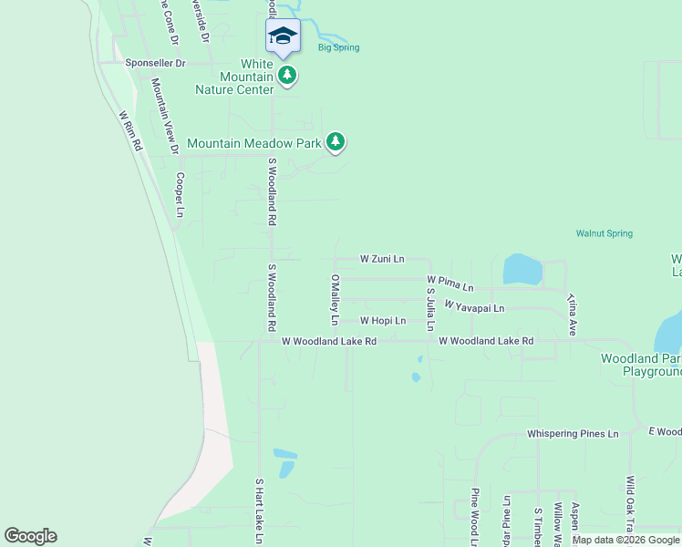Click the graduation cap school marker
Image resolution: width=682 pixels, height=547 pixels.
pyautogui.click(x=283, y=36)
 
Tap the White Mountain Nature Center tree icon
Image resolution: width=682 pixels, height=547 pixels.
pyautogui.click(x=288, y=75)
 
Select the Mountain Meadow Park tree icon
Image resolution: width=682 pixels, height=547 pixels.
pyautogui.click(x=336, y=141)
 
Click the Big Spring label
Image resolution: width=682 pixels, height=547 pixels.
pyautogui.click(x=338, y=47)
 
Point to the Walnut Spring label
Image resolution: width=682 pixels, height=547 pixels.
pyautogui.click(x=604, y=233)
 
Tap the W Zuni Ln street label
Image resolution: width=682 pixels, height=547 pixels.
pyautogui.click(x=382, y=259)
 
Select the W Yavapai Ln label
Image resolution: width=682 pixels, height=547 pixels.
pyautogui.click(x=474, y=306)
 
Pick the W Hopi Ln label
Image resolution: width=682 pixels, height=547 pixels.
pyautogui.click(x=382, y=321)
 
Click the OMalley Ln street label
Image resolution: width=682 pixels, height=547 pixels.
pyautogui.click(x=335, y=300)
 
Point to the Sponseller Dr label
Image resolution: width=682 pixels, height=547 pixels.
pyautogui.click(x=156, y=64)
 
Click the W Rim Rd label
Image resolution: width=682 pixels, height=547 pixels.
pyautogui.click(x=131, y=130)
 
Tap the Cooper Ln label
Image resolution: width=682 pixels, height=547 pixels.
pyautogui.click(x=181, y=194)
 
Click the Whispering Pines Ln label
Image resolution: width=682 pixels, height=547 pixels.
pyautogui.click(x=573, y=434)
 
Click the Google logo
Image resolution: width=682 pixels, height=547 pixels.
pyautogui.click(x=30, y=536)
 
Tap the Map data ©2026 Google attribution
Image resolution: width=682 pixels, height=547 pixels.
pyautogui.click(x=625, y=540)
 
